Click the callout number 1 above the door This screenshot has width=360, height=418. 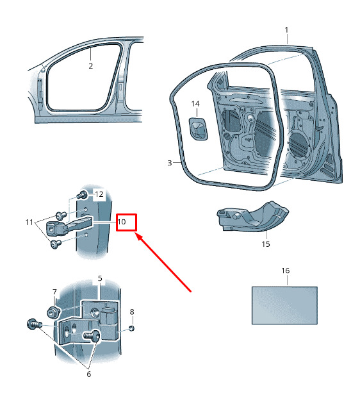coord(286,29)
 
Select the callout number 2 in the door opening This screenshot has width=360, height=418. coord(90,66)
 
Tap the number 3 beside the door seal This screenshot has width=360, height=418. coord(170,163)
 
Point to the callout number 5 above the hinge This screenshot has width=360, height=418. coord(100,278)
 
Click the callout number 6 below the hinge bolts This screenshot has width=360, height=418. coord(89,374)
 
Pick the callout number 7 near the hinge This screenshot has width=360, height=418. coord(54,292)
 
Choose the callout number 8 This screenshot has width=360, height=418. coord(132,312)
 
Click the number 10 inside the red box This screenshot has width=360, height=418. coord(122,222)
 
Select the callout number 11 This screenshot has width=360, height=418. coord(29,222)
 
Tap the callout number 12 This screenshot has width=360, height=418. coord(99,194)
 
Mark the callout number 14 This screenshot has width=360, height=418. coord(195,103)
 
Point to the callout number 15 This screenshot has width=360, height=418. coord(266,244)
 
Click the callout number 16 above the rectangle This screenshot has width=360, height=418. coord(285,271)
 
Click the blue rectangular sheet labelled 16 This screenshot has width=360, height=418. coord(284,306)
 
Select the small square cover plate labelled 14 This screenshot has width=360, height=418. coord(198,128)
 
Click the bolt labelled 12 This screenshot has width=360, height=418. coord(81,195)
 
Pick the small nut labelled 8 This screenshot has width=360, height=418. coord(131,328)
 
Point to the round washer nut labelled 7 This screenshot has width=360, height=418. coord(53,312)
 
